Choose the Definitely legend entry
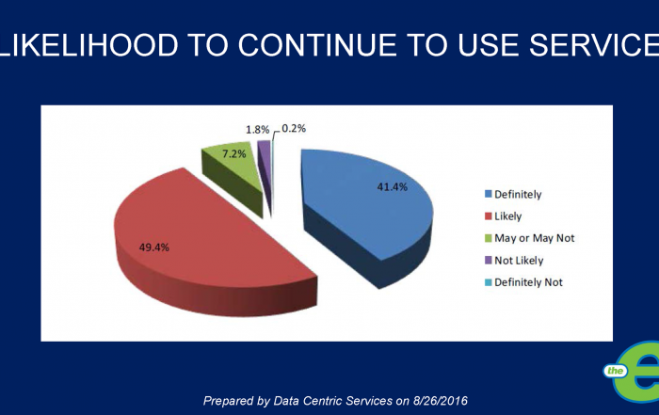coord(516,195)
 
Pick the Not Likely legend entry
coord(518,260)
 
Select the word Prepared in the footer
coord(233,401)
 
